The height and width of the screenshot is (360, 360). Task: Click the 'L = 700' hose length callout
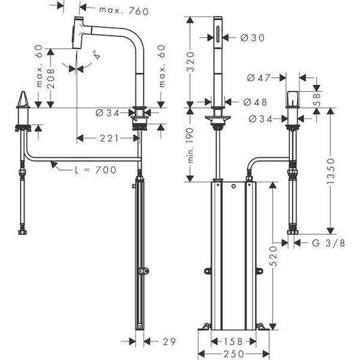(x=95, y=170)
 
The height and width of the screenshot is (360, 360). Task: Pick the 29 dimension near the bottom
(x=170, y=342)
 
